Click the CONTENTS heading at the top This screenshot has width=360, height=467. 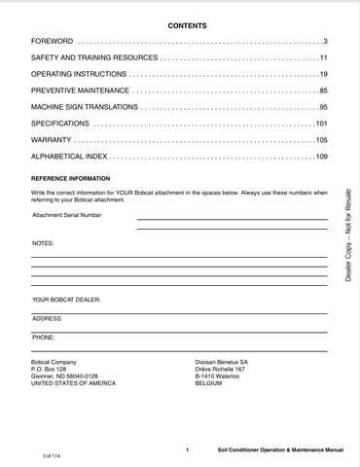click(179, 26)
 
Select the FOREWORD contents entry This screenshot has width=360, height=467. click(53, 43)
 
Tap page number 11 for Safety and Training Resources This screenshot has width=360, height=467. click(322, 59)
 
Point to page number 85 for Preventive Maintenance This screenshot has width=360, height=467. click(322, 91)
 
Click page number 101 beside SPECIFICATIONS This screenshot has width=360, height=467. click(320, 124)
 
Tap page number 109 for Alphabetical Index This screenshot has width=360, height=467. click(320, 156)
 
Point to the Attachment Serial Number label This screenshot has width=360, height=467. click(66, 215)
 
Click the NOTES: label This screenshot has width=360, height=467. click(43, 242)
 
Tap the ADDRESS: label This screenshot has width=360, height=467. click(48, 318)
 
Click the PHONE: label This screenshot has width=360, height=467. click(44, 336)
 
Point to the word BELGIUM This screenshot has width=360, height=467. click(209, 383)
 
